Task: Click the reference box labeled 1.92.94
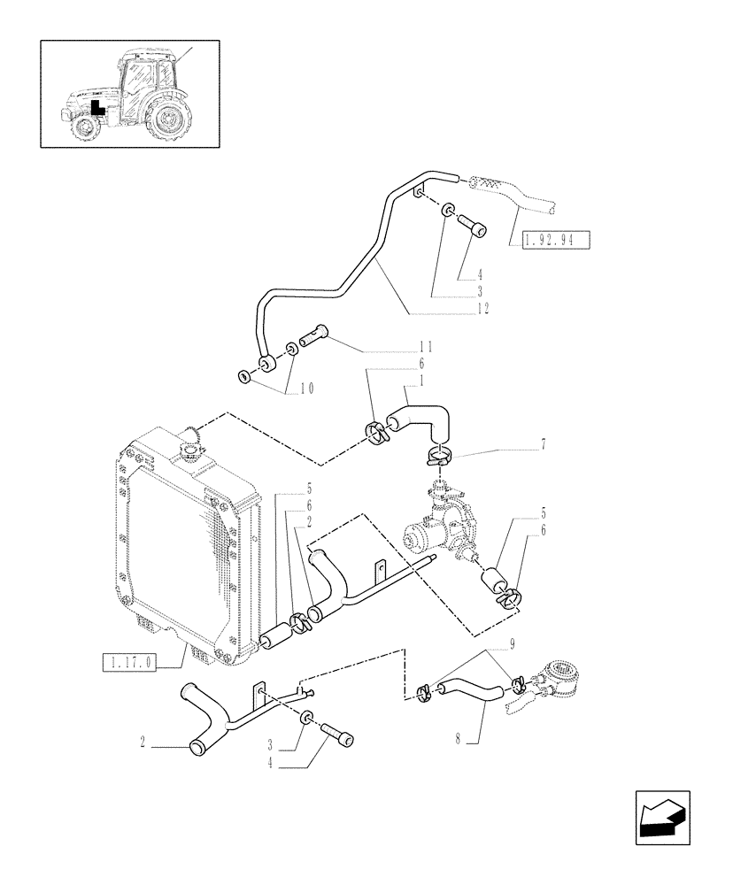555,241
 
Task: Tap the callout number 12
482,309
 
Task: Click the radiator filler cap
189,452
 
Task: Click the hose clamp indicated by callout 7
437,457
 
